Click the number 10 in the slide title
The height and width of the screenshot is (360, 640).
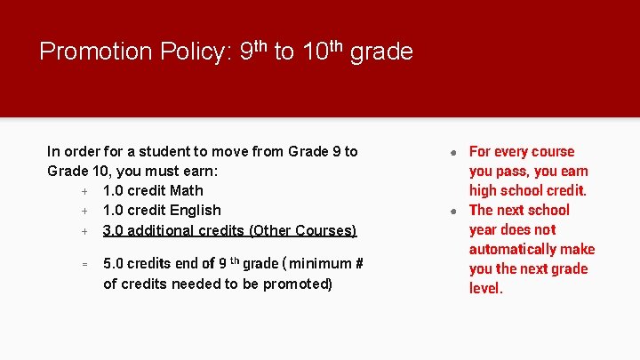coord(315,52)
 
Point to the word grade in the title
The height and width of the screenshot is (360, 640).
coord(381,52)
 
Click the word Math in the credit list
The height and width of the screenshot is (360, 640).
coord(186,190)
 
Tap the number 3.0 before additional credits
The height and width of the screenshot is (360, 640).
coord(114,230)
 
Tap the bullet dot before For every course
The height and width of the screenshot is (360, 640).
coord(453,152)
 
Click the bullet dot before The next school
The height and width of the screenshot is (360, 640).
coord(453,211)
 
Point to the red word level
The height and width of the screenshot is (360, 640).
coord(485,288)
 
